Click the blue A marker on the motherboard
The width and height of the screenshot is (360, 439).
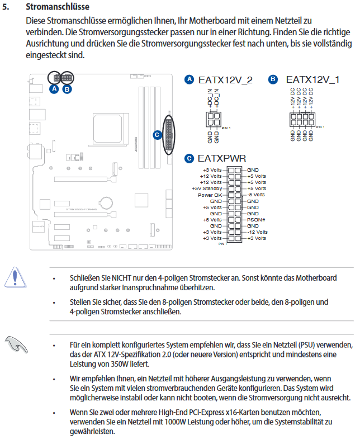tap(54, 88)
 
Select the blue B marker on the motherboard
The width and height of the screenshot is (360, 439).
tap(67, 88)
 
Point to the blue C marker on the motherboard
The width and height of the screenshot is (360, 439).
tap(157, 134)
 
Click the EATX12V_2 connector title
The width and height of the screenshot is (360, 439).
tap(225, 80)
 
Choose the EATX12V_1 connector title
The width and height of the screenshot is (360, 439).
tap(312, 80)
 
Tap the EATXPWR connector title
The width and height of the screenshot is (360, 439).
tap(222, 158)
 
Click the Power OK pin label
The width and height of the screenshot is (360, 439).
tap(210, 195)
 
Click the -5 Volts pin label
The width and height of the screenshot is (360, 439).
tap(257, 195)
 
